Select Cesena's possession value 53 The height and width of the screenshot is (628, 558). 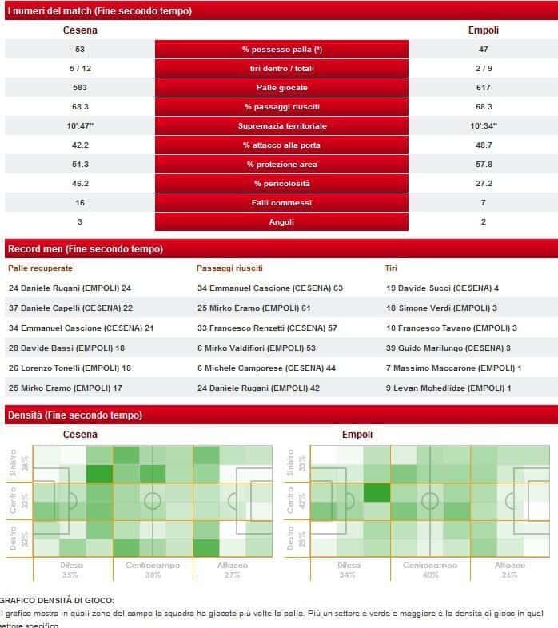tap(80, 50)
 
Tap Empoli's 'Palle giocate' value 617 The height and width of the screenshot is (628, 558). tap(483, 88)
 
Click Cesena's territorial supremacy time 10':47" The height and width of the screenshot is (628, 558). tap(80, 126)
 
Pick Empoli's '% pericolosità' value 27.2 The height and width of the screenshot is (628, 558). tap(483, 184)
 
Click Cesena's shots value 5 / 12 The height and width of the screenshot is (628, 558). tap(80, 69)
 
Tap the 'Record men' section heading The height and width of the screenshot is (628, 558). tap(85, 248)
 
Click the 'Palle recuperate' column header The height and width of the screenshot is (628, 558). tap(40, 268)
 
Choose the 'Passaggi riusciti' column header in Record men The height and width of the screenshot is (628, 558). tap(229, 268)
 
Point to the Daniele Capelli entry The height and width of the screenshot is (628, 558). tap(70, 308)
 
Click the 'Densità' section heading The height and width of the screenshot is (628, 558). tap(74, 415)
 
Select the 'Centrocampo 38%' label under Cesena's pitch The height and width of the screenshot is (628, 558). tap(153, 570)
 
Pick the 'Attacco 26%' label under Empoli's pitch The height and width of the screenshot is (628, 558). tap(509, 570)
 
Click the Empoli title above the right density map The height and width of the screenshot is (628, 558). tap(357, 435)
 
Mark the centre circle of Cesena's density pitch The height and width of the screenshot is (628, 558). tap(153, 501)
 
